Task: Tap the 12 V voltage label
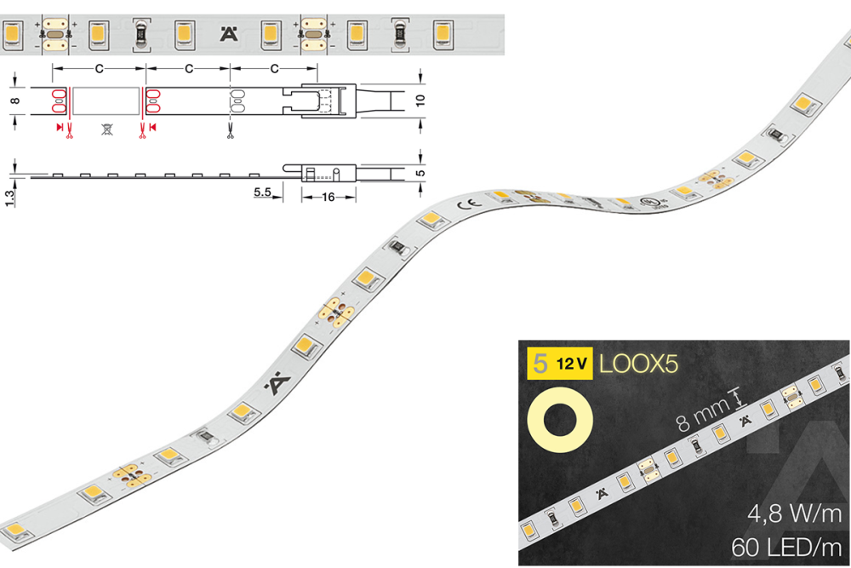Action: (571, 364)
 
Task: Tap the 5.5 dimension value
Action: (262, 193)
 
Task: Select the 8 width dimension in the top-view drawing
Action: (14, 100)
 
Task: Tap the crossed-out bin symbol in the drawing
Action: (106, 129)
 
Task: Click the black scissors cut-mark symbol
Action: (231, 130)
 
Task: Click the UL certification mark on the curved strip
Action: (652, 204)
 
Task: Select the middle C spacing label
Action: (188, 67)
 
